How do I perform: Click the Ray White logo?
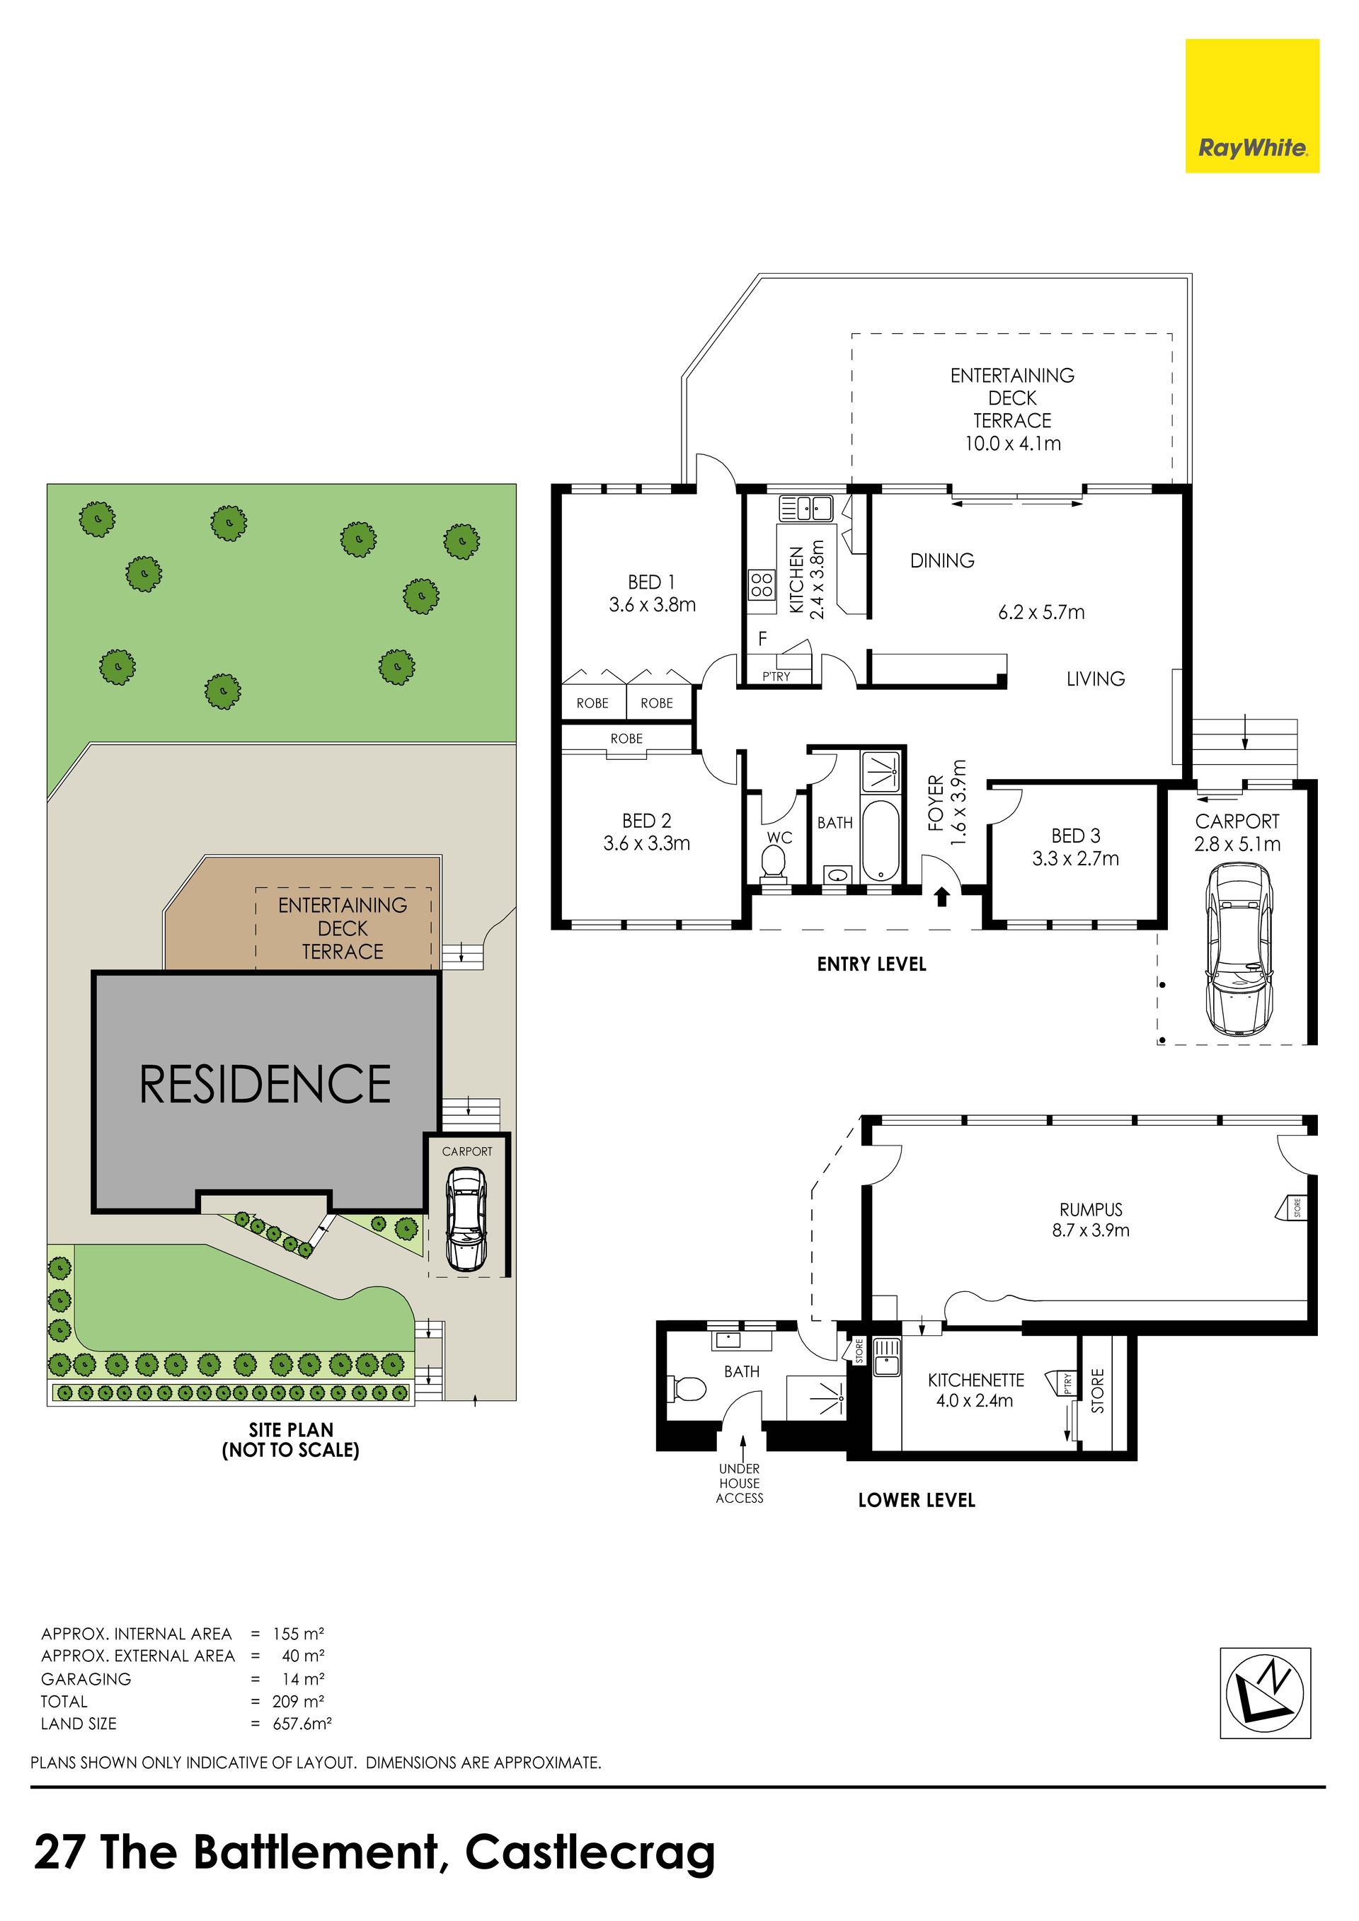(x=1252, y=106)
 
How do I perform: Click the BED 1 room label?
(x=651, y=582)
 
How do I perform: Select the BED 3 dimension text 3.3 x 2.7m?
(x=1075, y=858)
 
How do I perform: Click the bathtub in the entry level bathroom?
(x=880, y=841)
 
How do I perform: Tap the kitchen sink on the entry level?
(x=805, y=508)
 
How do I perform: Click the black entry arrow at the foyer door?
(x=941, y=897)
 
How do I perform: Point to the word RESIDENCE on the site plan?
(x=265, y=1085)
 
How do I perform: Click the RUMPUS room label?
(x=1090, y=1210)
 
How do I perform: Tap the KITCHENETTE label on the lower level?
(x=976, y=1380)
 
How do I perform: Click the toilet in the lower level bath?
(x=689, y=1390)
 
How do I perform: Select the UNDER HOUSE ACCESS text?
(x=740, y=1484)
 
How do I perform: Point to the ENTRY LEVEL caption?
(x=872, y=964)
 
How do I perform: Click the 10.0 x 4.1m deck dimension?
(x=1013, y=444)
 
